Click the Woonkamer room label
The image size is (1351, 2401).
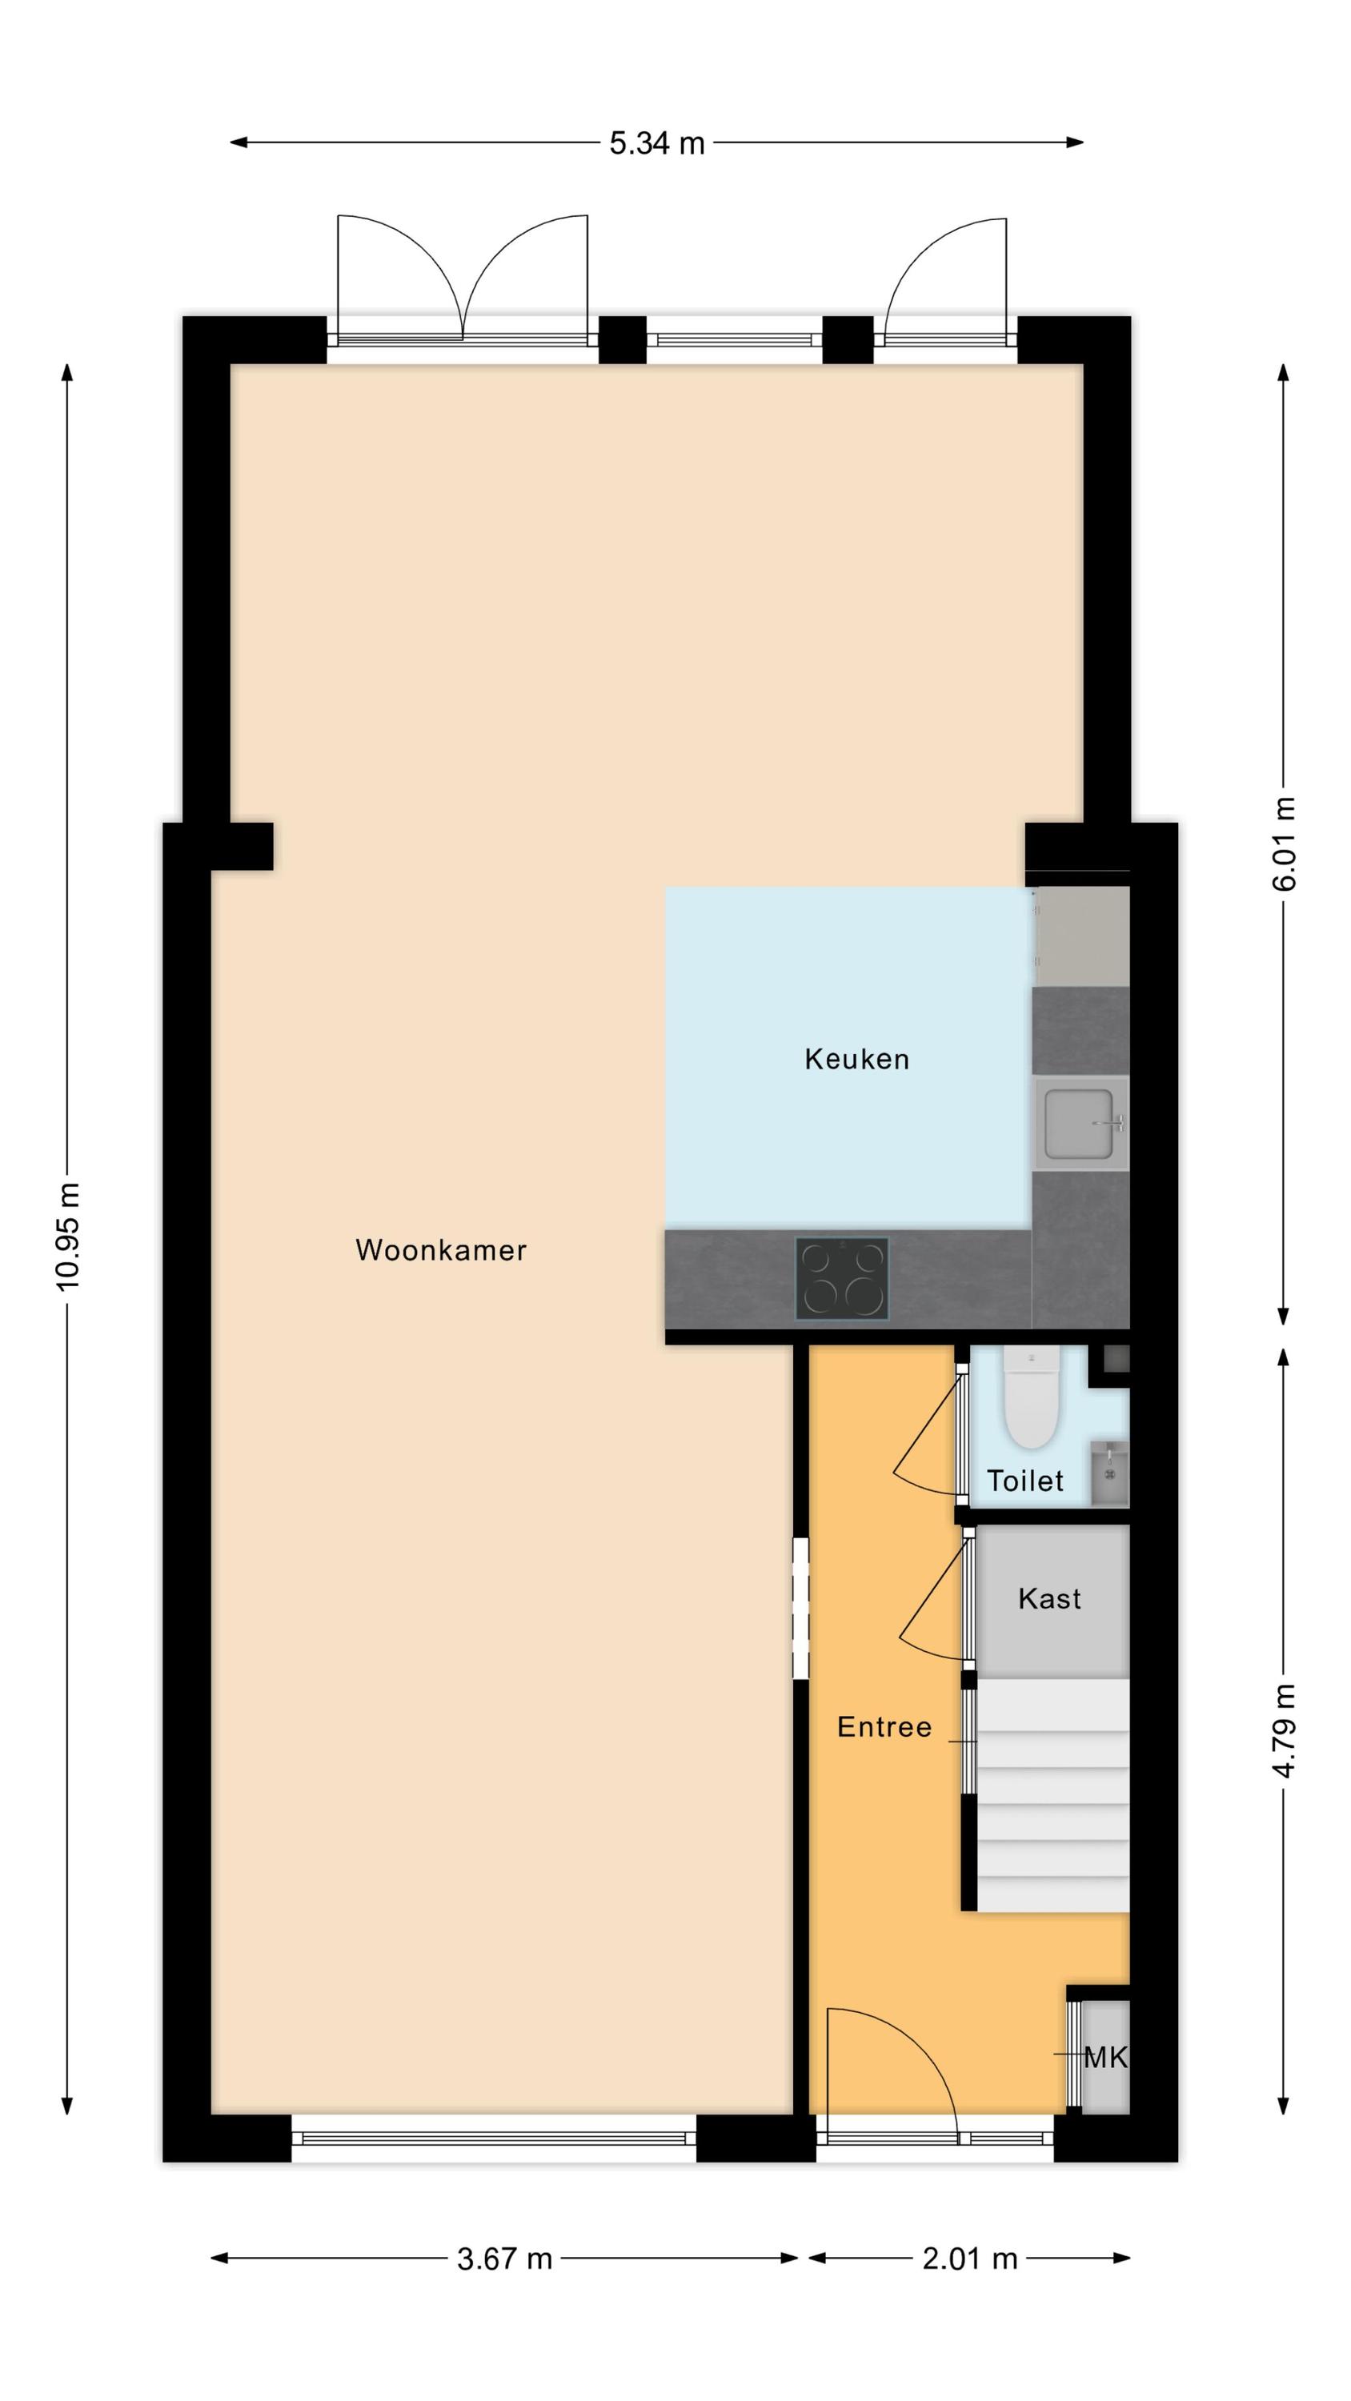tap(441, 1250)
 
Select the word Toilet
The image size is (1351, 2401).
tap(1024, 1481)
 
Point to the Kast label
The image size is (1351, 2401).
tap(1050, 1598)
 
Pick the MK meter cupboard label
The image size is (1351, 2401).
tap(1106, 2057)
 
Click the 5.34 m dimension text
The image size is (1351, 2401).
tap(657, 143)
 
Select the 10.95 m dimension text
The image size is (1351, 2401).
tap(68, 1237)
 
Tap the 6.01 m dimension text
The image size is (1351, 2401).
tap(1284, 844)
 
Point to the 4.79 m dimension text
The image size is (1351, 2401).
tap(1284, 1731)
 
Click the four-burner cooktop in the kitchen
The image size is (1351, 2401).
tap(841, 1279)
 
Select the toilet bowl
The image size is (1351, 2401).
tap(1030, 1398)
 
